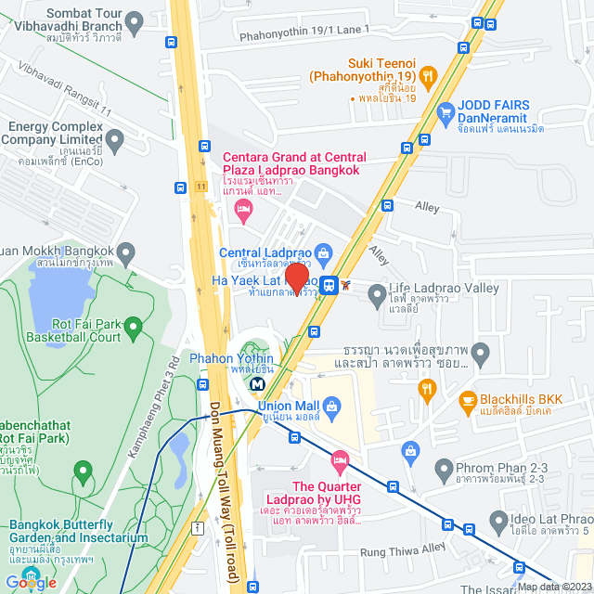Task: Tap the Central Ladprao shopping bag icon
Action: coord(323,252)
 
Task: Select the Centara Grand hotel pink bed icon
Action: coord(244,211)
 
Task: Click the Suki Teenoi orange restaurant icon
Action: coord(428,76)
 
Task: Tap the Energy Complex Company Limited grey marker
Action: coord(115,142)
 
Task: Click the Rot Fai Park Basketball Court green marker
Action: coord(133,327)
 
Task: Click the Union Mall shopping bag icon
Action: coord(332,406)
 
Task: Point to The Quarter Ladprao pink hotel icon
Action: coord(340,459)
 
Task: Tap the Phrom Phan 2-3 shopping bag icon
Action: coord(408,451)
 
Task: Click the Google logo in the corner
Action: coord(31,582)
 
